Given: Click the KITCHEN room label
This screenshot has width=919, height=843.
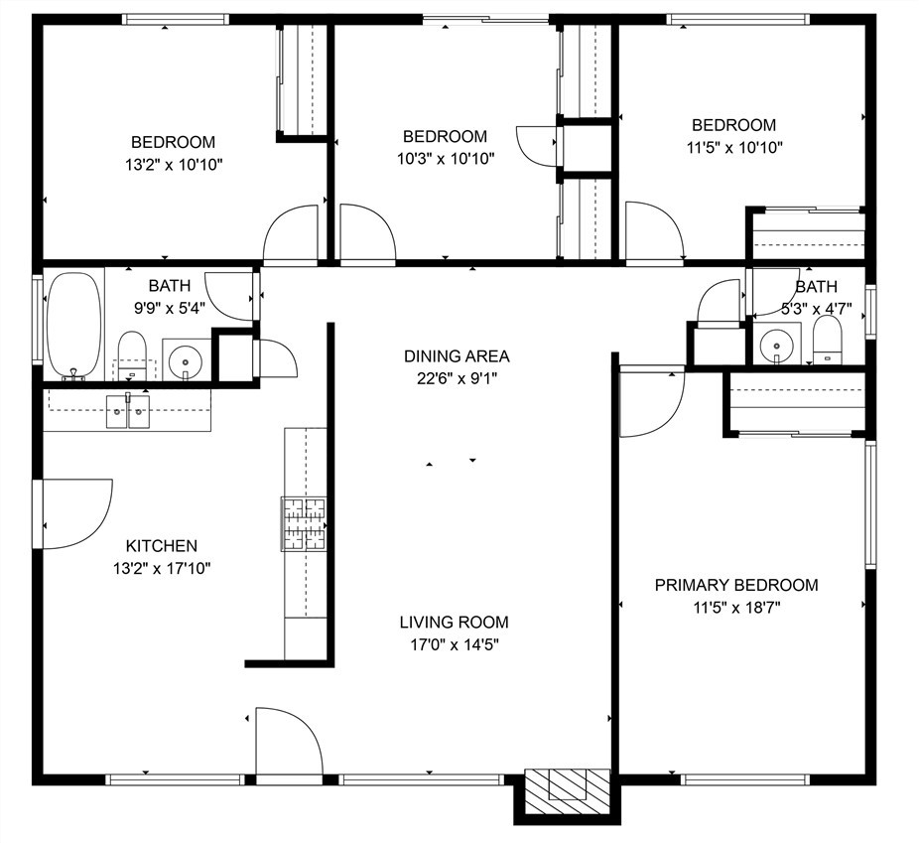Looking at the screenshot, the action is coord(162,546).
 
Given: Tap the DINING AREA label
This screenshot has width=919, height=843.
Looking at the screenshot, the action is coord(457,355).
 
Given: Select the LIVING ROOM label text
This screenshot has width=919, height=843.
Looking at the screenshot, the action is coord(455,622).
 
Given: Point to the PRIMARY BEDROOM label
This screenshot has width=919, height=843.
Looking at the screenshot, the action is coord(736,585).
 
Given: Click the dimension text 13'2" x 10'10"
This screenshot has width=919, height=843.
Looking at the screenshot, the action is coord(174,165).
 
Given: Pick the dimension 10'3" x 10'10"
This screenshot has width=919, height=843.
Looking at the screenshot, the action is coord(446,158).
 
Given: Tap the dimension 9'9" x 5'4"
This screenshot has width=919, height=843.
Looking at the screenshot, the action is coord(170,308).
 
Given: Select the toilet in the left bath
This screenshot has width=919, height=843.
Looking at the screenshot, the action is coord(132,355).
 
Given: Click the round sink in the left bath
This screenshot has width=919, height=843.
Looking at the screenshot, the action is coord(186,360).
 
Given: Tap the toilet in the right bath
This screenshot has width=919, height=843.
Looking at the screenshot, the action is coord(827,341).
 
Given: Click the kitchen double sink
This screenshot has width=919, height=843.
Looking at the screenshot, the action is coord(128,411).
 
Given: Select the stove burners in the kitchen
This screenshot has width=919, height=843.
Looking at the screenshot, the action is coord(304,524).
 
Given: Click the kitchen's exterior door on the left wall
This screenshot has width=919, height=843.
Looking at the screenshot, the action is coord(72,514).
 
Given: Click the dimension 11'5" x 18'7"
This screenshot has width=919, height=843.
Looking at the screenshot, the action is coord(736,608).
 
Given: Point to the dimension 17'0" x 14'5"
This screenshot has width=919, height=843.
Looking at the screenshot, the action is coord(455,645).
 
